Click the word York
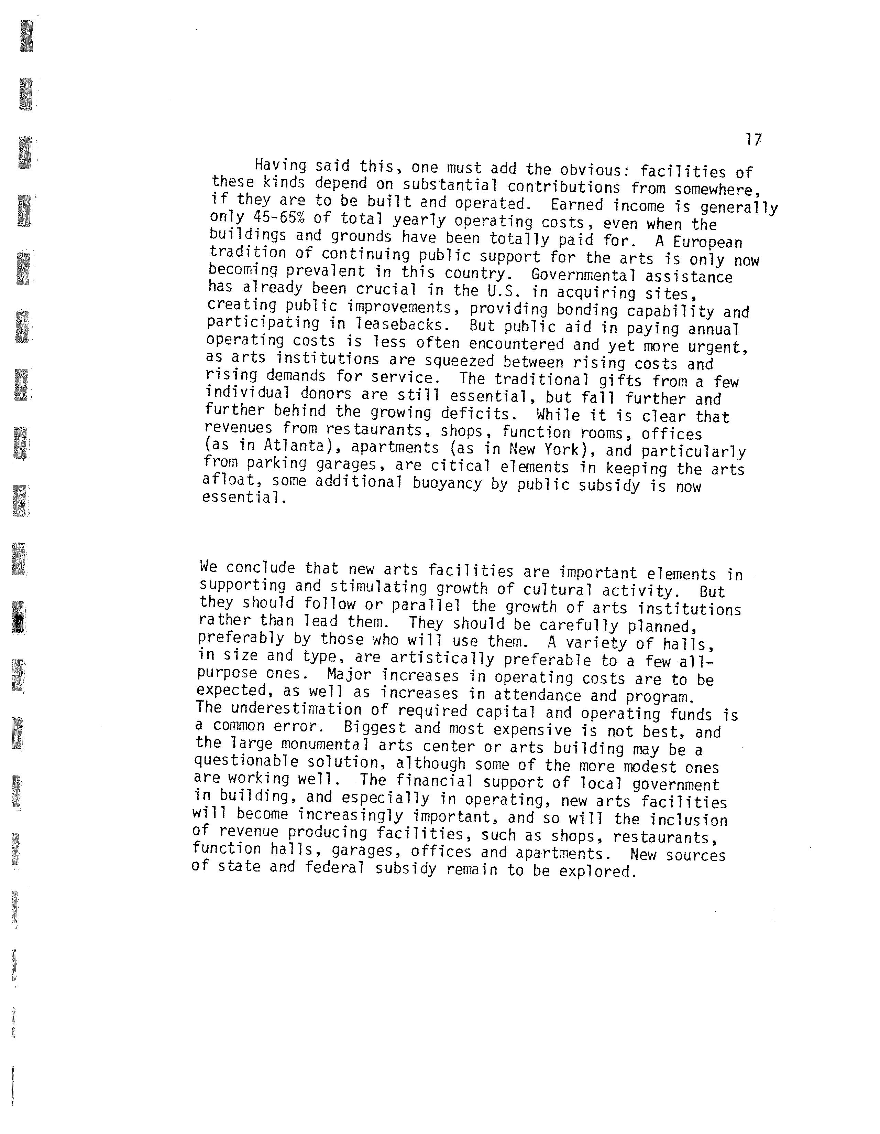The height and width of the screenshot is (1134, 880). click(563, 449)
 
